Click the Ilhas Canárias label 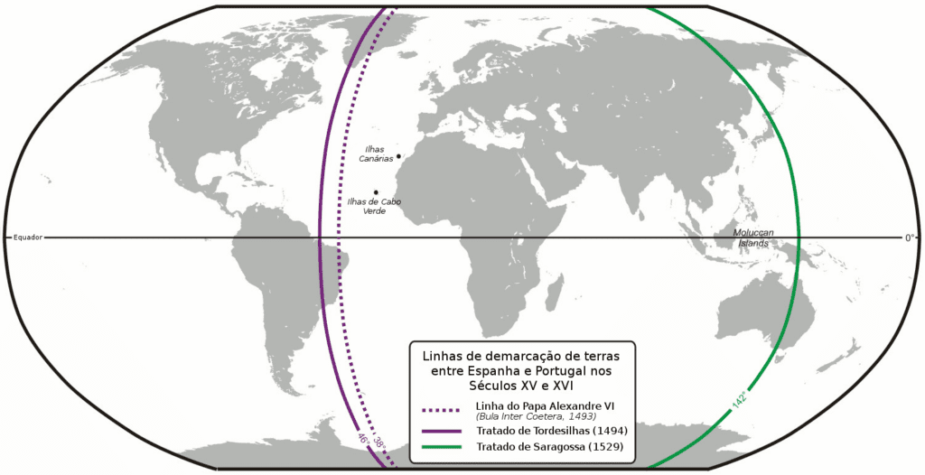pyautogui.click(x=376, y=154)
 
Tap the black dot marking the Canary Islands pyautogui.click(x=397, y=156)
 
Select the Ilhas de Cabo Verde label pyautogui.click(x=374, y=206)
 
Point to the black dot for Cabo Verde pyautogui.click(x=376, y=191)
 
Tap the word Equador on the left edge pyautogui.click(x=27, y=237)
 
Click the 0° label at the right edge pyautogui.click(x=910, y=237)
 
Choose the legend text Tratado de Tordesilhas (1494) pyautogui.click(x=547, y=430)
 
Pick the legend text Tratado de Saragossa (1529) pyautogui.click(x=547, y=446)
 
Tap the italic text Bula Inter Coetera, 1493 pyautogui.click(x=531, y=416)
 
